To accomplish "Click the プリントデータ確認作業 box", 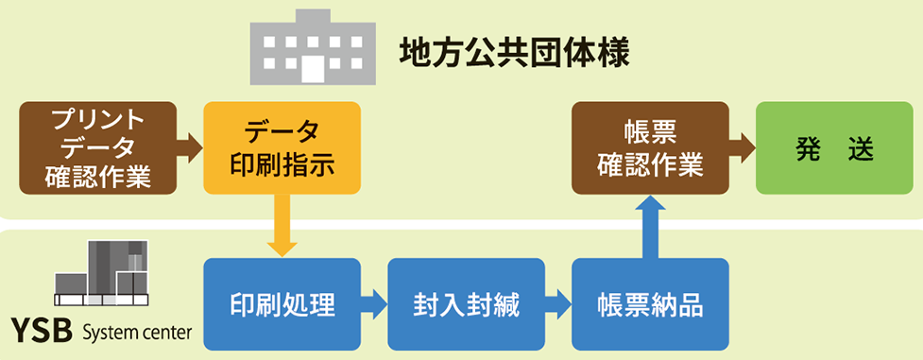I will [98, 147].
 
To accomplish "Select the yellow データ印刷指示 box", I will [282, 147].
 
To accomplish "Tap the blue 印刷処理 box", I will [282, 304].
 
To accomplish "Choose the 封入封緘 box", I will [467, 304].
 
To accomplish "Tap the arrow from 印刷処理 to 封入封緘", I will [375, 304].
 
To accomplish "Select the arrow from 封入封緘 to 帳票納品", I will [559, 304].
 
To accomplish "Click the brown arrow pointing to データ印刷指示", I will [191, 147].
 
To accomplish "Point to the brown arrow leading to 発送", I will [743, 147].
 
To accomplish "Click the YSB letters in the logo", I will [42, 334].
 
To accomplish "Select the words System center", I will [137, 334].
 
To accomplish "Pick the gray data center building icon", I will [102, 274].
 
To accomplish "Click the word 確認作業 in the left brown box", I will [98, 177].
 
